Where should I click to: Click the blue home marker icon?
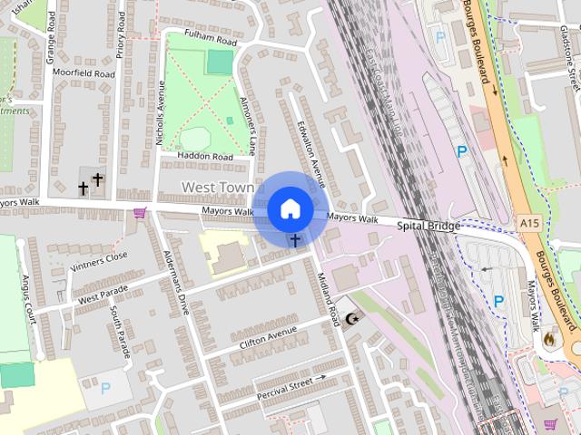tap(290, 208)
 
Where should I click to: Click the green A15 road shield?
tap(530, 222)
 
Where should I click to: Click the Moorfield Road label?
tap(84, 73)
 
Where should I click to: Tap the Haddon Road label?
tap(204, 156)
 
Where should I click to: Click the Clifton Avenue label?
tap(269, 343)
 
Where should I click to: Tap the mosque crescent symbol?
tap(351, 321)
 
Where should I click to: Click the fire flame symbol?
tap(548, 339)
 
